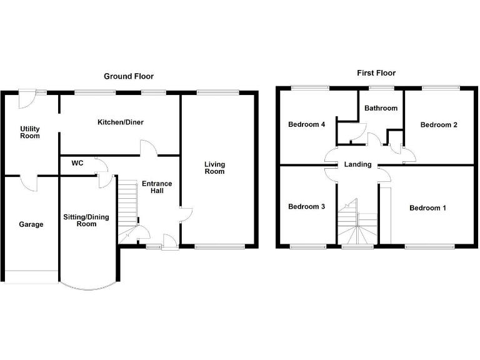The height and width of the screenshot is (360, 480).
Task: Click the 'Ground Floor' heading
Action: pos(129,76)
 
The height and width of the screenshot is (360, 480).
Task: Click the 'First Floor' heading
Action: pos(376,73)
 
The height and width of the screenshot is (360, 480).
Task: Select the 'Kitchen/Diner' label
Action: pos(120,122)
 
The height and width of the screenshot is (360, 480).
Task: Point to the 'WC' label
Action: pos(77,163)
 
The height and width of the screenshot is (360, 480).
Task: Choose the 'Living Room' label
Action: pos(214,168)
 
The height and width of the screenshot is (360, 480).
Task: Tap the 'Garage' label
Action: pos(31,224)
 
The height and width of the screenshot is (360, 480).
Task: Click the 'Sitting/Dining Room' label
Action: pos(86,221)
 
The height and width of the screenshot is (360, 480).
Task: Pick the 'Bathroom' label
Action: pos(381,108)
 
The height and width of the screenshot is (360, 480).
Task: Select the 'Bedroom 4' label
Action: pos(306,124)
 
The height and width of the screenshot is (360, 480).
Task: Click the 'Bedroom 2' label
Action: pos(438,125)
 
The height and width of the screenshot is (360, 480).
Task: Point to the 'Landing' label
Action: pos(357,165)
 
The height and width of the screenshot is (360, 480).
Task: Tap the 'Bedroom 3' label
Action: pos(306,206)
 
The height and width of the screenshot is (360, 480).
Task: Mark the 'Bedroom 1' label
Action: pos(427,208)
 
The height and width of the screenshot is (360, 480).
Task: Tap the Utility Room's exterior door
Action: pos(27,96)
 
